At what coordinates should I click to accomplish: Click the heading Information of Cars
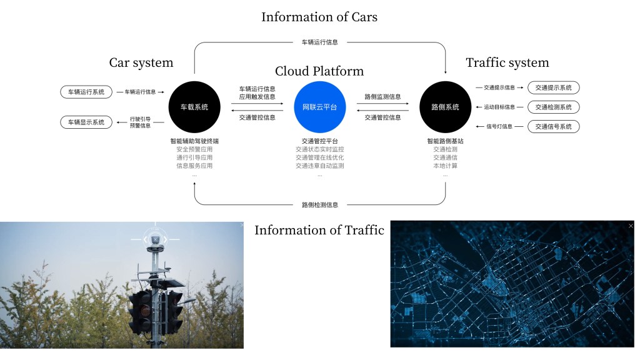coord(319,17)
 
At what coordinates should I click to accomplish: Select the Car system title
coord(141,62)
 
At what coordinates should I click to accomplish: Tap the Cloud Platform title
coord(319,71)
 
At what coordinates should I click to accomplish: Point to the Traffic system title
coord(507,62)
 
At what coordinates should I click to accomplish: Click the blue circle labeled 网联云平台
coord(319,107)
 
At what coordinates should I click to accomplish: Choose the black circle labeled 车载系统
coord(194,107)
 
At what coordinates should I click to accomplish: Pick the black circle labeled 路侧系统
coord(445,107)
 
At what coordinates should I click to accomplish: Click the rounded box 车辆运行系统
coord(86,92)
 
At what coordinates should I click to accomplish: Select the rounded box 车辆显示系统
coord(86,122)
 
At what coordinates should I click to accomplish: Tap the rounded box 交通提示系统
coord(553,87)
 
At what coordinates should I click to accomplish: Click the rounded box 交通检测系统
coord(553,107)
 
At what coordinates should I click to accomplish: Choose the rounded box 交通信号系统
coord(553,127)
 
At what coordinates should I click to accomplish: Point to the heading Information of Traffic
coord(319,230)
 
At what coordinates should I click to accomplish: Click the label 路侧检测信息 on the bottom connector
coord(319,205)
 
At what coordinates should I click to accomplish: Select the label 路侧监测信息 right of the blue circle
coord(382,97)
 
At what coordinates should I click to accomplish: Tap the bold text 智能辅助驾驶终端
coord(194,141)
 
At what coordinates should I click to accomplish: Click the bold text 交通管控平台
coord(319,141)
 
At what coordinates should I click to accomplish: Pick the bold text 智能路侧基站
coord(445,141)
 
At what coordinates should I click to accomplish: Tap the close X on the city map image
coord(631,226)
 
